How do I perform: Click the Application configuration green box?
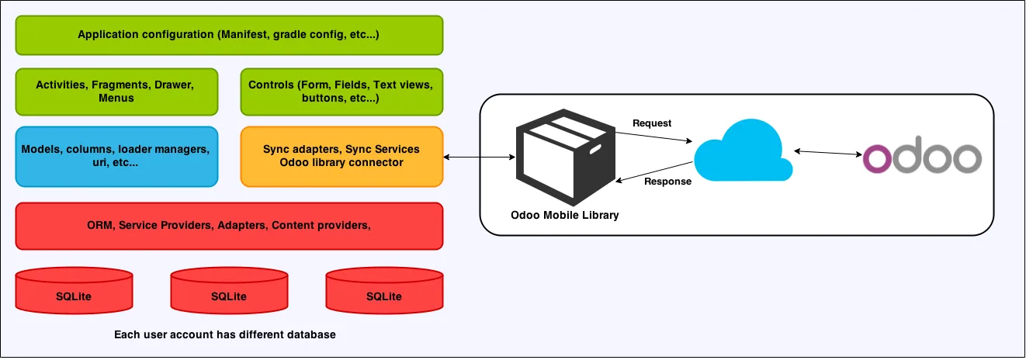click(229, 35)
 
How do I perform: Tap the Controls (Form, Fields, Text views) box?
click(341, 92)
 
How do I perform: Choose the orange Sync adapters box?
click(341, 156)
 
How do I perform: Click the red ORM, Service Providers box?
click(229, 226)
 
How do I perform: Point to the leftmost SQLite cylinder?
click(74, 290)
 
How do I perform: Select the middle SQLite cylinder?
click(229, 290)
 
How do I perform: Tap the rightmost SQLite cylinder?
click(384, 290)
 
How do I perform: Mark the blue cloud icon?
click(741, 152)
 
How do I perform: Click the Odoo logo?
click(922, 157)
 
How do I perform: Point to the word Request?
click(652, 123)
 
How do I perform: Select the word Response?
click(667, 182)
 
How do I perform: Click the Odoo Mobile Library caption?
click(565, 214)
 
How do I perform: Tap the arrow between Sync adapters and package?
click(479, 157)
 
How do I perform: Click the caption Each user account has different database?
click(225, 335)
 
